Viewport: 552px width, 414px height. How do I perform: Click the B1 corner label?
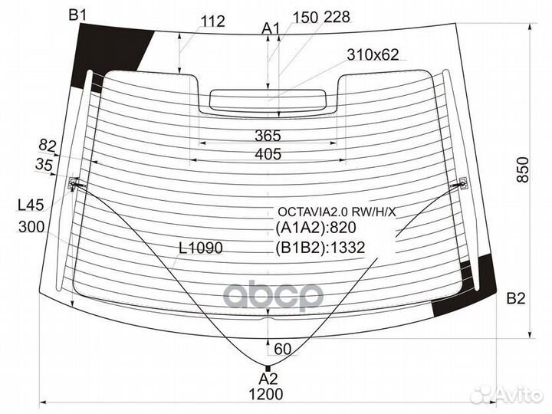click(x=77, y=15)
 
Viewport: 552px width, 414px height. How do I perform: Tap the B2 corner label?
click(x=516, y=298)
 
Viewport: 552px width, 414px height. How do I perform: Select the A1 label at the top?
click(x=271, y=29)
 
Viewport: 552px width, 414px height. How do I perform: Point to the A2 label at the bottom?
click(x=268, y=379)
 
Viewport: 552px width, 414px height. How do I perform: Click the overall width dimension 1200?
click(x=266, y=394)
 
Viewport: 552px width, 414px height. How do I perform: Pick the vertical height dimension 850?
click(x=523, y=169)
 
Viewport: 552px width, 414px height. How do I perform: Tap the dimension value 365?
click(x=268, y=136)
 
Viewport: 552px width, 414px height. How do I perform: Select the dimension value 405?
click(x=268, y=154)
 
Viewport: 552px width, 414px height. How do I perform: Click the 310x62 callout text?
click(x=373, y=55)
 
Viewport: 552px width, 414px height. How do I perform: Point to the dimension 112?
click(x=213, y=21)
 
